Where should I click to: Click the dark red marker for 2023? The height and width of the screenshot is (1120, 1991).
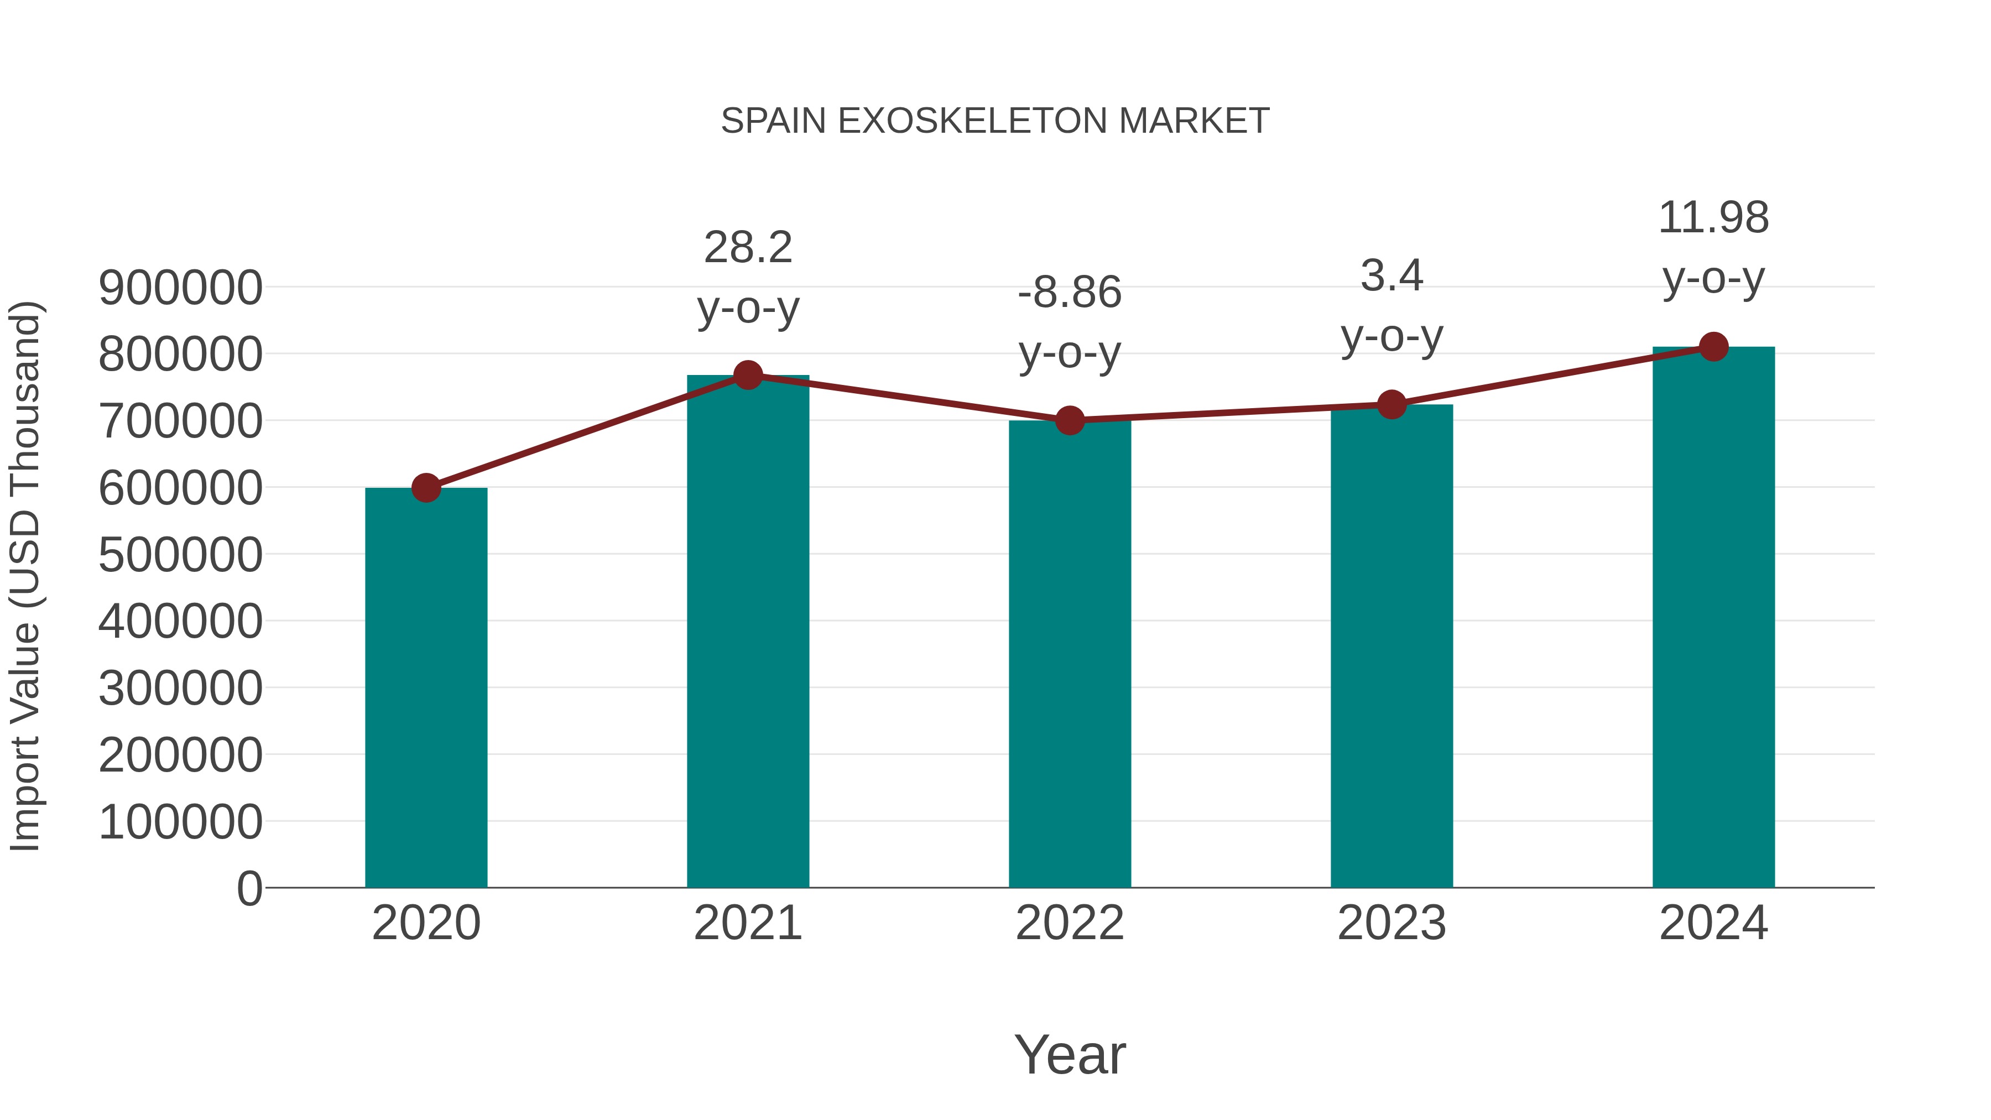(x=1391, y=404)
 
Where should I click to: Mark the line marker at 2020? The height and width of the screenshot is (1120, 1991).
(x=426, y=488)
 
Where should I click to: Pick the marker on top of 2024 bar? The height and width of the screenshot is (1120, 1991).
(x=1713, y=347)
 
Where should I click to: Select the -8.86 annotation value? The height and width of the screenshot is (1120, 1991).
(x=1070, y=293)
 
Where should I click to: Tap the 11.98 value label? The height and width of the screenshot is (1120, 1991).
(x=1713, y=218)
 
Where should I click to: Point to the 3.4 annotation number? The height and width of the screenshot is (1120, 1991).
(x=1391, y=276)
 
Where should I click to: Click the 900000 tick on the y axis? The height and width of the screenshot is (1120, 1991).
(x=180, y=288)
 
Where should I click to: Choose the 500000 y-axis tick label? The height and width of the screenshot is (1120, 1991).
(x=180, y=555)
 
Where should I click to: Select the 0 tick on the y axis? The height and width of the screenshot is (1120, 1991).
(x=249, y=888)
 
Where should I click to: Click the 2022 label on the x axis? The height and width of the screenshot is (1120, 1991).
(x=1070, y=923)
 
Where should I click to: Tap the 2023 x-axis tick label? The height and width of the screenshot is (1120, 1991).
(x=1391, y=923)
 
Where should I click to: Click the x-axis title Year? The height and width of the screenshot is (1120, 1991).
(x=1070, y=1054)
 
